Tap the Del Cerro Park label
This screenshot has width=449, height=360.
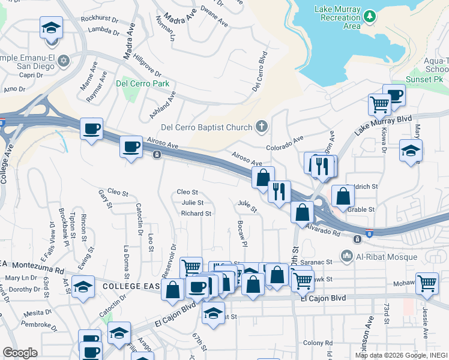(143, 83)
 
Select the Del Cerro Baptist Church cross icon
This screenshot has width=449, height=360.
(261, 127)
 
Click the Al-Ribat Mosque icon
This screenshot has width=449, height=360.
(346, 257)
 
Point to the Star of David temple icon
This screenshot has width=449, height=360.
(64, 61)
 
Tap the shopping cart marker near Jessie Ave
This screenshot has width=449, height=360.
(427, 283)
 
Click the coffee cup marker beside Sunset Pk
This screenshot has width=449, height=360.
(394, 95)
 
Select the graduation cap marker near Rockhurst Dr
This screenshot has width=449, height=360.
(52, 28)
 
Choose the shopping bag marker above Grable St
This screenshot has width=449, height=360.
(342, 196)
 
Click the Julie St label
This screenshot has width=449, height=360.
(192, 203)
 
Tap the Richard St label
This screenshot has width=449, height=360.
(196, 214)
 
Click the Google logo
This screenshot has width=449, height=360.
(20, 353)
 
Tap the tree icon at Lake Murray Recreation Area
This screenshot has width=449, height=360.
(370, 14)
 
